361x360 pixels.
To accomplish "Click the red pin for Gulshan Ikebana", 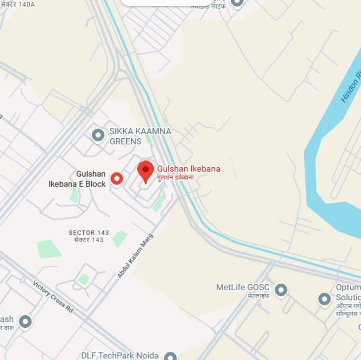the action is (145, 171).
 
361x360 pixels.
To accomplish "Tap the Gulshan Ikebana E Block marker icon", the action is (116, 178).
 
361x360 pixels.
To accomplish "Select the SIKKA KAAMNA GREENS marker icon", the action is (98, 135).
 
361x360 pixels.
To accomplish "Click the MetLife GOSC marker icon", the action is (280, 290).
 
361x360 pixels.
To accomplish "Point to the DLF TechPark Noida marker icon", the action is (170, 356).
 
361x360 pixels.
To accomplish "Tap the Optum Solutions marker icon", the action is (325, 299).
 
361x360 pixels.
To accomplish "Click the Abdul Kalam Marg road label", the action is (135, 256).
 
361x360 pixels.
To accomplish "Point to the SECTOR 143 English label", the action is (89, 232).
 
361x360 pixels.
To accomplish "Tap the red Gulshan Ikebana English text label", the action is (189, 169).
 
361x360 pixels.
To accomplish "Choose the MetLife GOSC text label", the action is (243, 287).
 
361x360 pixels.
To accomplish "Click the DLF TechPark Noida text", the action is (120, 356).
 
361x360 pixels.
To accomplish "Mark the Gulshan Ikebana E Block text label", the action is (78, 179).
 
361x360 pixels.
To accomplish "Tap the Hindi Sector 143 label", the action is (89, 240).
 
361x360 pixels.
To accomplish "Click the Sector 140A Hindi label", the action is (18, 4).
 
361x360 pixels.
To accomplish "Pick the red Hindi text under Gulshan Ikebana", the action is (175, 177).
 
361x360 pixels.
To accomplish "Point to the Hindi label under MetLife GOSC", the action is (259, 296).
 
